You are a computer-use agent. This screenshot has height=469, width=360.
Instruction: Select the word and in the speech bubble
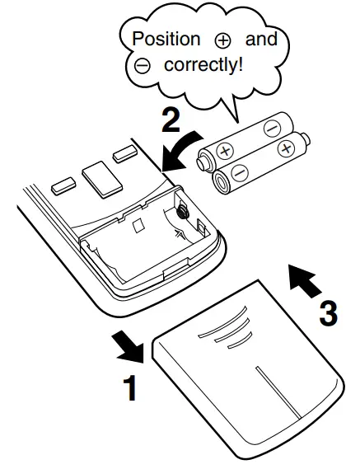261,39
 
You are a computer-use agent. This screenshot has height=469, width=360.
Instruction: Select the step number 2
170,121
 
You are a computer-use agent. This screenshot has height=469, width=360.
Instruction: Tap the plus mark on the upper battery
225,152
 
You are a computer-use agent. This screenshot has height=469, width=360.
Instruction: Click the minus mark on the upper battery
271,127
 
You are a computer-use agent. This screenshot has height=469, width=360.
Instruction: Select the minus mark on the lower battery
238,173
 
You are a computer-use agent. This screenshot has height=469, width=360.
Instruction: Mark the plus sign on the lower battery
286,148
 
